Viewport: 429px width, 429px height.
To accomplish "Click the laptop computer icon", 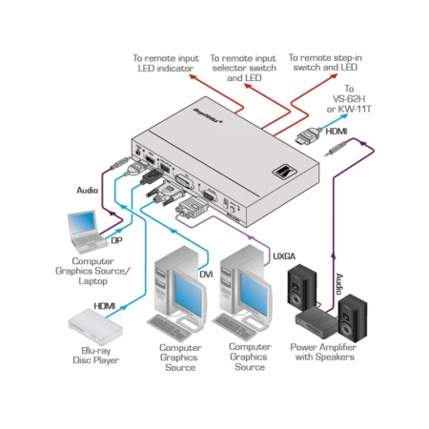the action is (87, 231).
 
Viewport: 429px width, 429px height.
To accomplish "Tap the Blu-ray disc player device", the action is (95, 327).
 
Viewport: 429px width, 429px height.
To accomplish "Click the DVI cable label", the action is (206, 275).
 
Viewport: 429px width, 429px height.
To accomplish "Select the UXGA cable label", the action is (284, 256).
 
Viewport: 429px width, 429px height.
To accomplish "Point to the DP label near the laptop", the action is (116, 240).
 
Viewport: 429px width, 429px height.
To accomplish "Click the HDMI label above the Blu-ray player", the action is (105, 306).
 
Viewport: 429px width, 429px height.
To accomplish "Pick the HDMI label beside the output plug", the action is (337, 132).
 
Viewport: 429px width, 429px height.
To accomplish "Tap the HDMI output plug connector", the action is (308, 136).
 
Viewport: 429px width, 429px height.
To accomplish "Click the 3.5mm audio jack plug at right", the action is (337, 149).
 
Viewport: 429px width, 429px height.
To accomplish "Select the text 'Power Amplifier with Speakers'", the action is (323, 352).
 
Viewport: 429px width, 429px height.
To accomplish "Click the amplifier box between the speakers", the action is (317, 322).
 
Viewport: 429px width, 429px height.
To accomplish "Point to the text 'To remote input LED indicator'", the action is (166, 63).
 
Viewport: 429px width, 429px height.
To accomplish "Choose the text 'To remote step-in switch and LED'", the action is (325, 62).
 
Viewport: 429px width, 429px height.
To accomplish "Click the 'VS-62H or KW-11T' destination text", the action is (349, 104).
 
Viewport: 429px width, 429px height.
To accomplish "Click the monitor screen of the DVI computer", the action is (188, 295).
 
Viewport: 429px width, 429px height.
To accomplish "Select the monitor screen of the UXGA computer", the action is (255, 295).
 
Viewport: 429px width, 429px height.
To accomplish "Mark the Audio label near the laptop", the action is (87, 190).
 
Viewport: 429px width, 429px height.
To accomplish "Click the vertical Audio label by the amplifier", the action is (339, 283).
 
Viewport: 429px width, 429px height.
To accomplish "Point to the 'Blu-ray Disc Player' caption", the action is (96, 356).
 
